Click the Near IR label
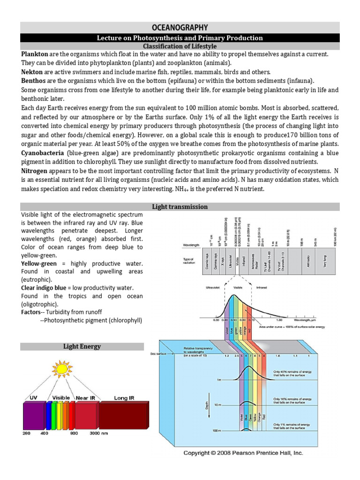point(85,397)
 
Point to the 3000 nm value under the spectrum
point(98,433)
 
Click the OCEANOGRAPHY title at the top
point(180,28)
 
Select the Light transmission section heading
point(180,207)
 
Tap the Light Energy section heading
point(82,346)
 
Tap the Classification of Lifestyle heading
point(180,46)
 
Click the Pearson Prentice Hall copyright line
point(243,453)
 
